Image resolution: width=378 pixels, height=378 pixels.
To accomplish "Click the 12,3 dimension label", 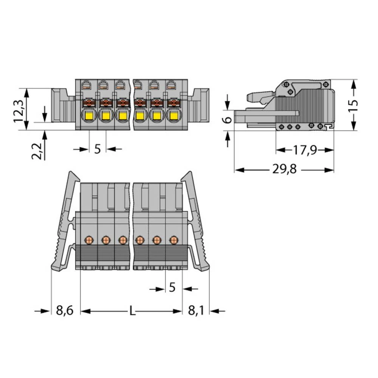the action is point(18,108).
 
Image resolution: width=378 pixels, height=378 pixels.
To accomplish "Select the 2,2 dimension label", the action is point(37,151).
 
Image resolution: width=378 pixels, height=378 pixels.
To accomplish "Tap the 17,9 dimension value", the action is point(305,150).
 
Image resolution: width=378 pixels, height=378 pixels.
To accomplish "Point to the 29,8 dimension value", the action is point(285,169).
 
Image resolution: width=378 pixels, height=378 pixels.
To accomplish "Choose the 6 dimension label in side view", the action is point(228,119).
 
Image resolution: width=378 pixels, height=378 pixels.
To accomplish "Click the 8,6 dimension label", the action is point(65,310).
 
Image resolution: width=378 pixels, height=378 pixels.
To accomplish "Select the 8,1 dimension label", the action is point(196,310).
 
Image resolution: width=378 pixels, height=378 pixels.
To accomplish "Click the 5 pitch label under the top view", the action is point(98,149).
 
